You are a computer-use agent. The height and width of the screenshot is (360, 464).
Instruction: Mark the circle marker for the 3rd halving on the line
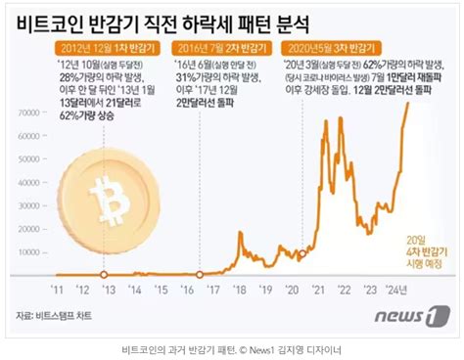pyautogui.click(x=304, y=252)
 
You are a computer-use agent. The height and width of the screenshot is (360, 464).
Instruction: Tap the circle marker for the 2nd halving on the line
pyautogui.click(x=200, y=273)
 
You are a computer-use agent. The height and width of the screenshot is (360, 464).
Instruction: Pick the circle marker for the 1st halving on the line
pyautogui.click(x=100, y=274)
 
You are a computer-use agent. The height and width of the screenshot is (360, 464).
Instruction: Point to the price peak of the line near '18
pyautogui.click(x=241, y=233)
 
